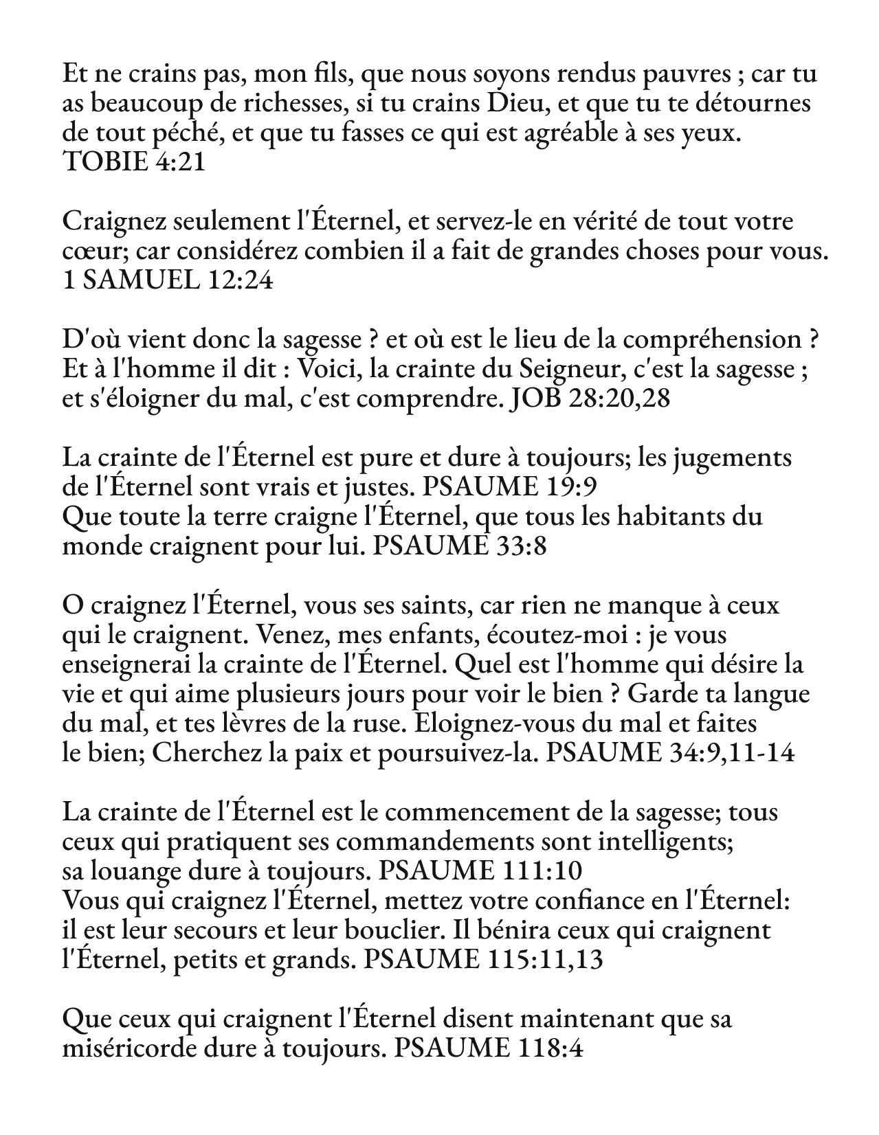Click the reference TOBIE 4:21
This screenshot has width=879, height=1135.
pos(133,163)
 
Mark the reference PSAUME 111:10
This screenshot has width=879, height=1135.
pos(480,871)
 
